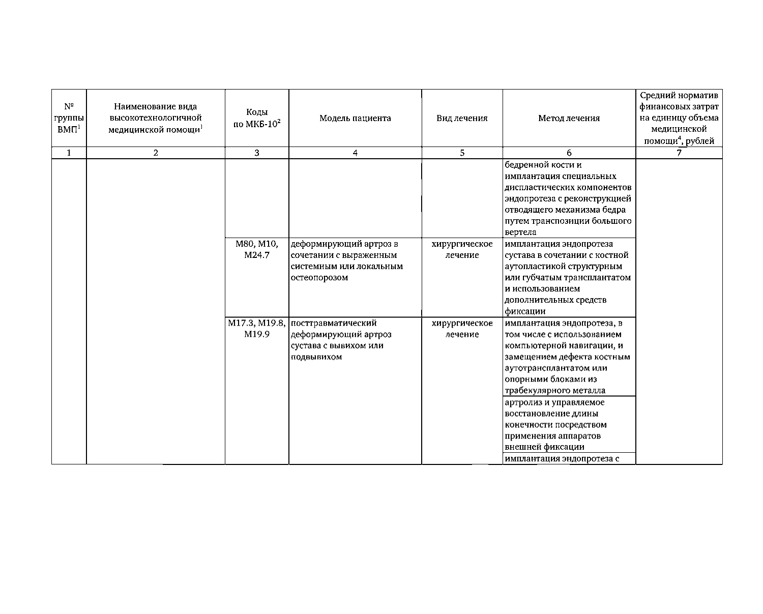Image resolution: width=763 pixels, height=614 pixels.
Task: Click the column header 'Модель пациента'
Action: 355,119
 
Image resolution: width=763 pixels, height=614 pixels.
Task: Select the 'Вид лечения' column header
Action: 462,119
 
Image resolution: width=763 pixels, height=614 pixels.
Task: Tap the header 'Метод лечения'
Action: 569,119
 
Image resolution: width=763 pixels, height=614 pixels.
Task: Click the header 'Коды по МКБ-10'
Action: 257,119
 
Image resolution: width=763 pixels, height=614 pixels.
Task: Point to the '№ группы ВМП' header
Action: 69,119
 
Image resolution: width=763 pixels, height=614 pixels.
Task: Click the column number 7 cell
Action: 679,153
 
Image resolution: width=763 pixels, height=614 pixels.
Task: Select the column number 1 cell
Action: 69,153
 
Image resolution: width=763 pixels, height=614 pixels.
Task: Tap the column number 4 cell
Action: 355,153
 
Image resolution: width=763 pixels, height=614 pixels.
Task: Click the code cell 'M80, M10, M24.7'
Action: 257,249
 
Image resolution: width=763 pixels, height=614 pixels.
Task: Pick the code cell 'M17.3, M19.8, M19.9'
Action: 257,329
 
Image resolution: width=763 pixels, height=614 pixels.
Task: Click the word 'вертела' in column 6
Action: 520,232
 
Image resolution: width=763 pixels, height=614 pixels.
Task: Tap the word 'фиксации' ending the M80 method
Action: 525,311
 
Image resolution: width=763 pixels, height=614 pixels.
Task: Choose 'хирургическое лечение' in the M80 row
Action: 462,249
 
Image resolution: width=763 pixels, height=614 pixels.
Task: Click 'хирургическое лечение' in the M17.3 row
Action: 462,329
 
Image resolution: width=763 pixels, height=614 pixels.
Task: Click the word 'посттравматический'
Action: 334,323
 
